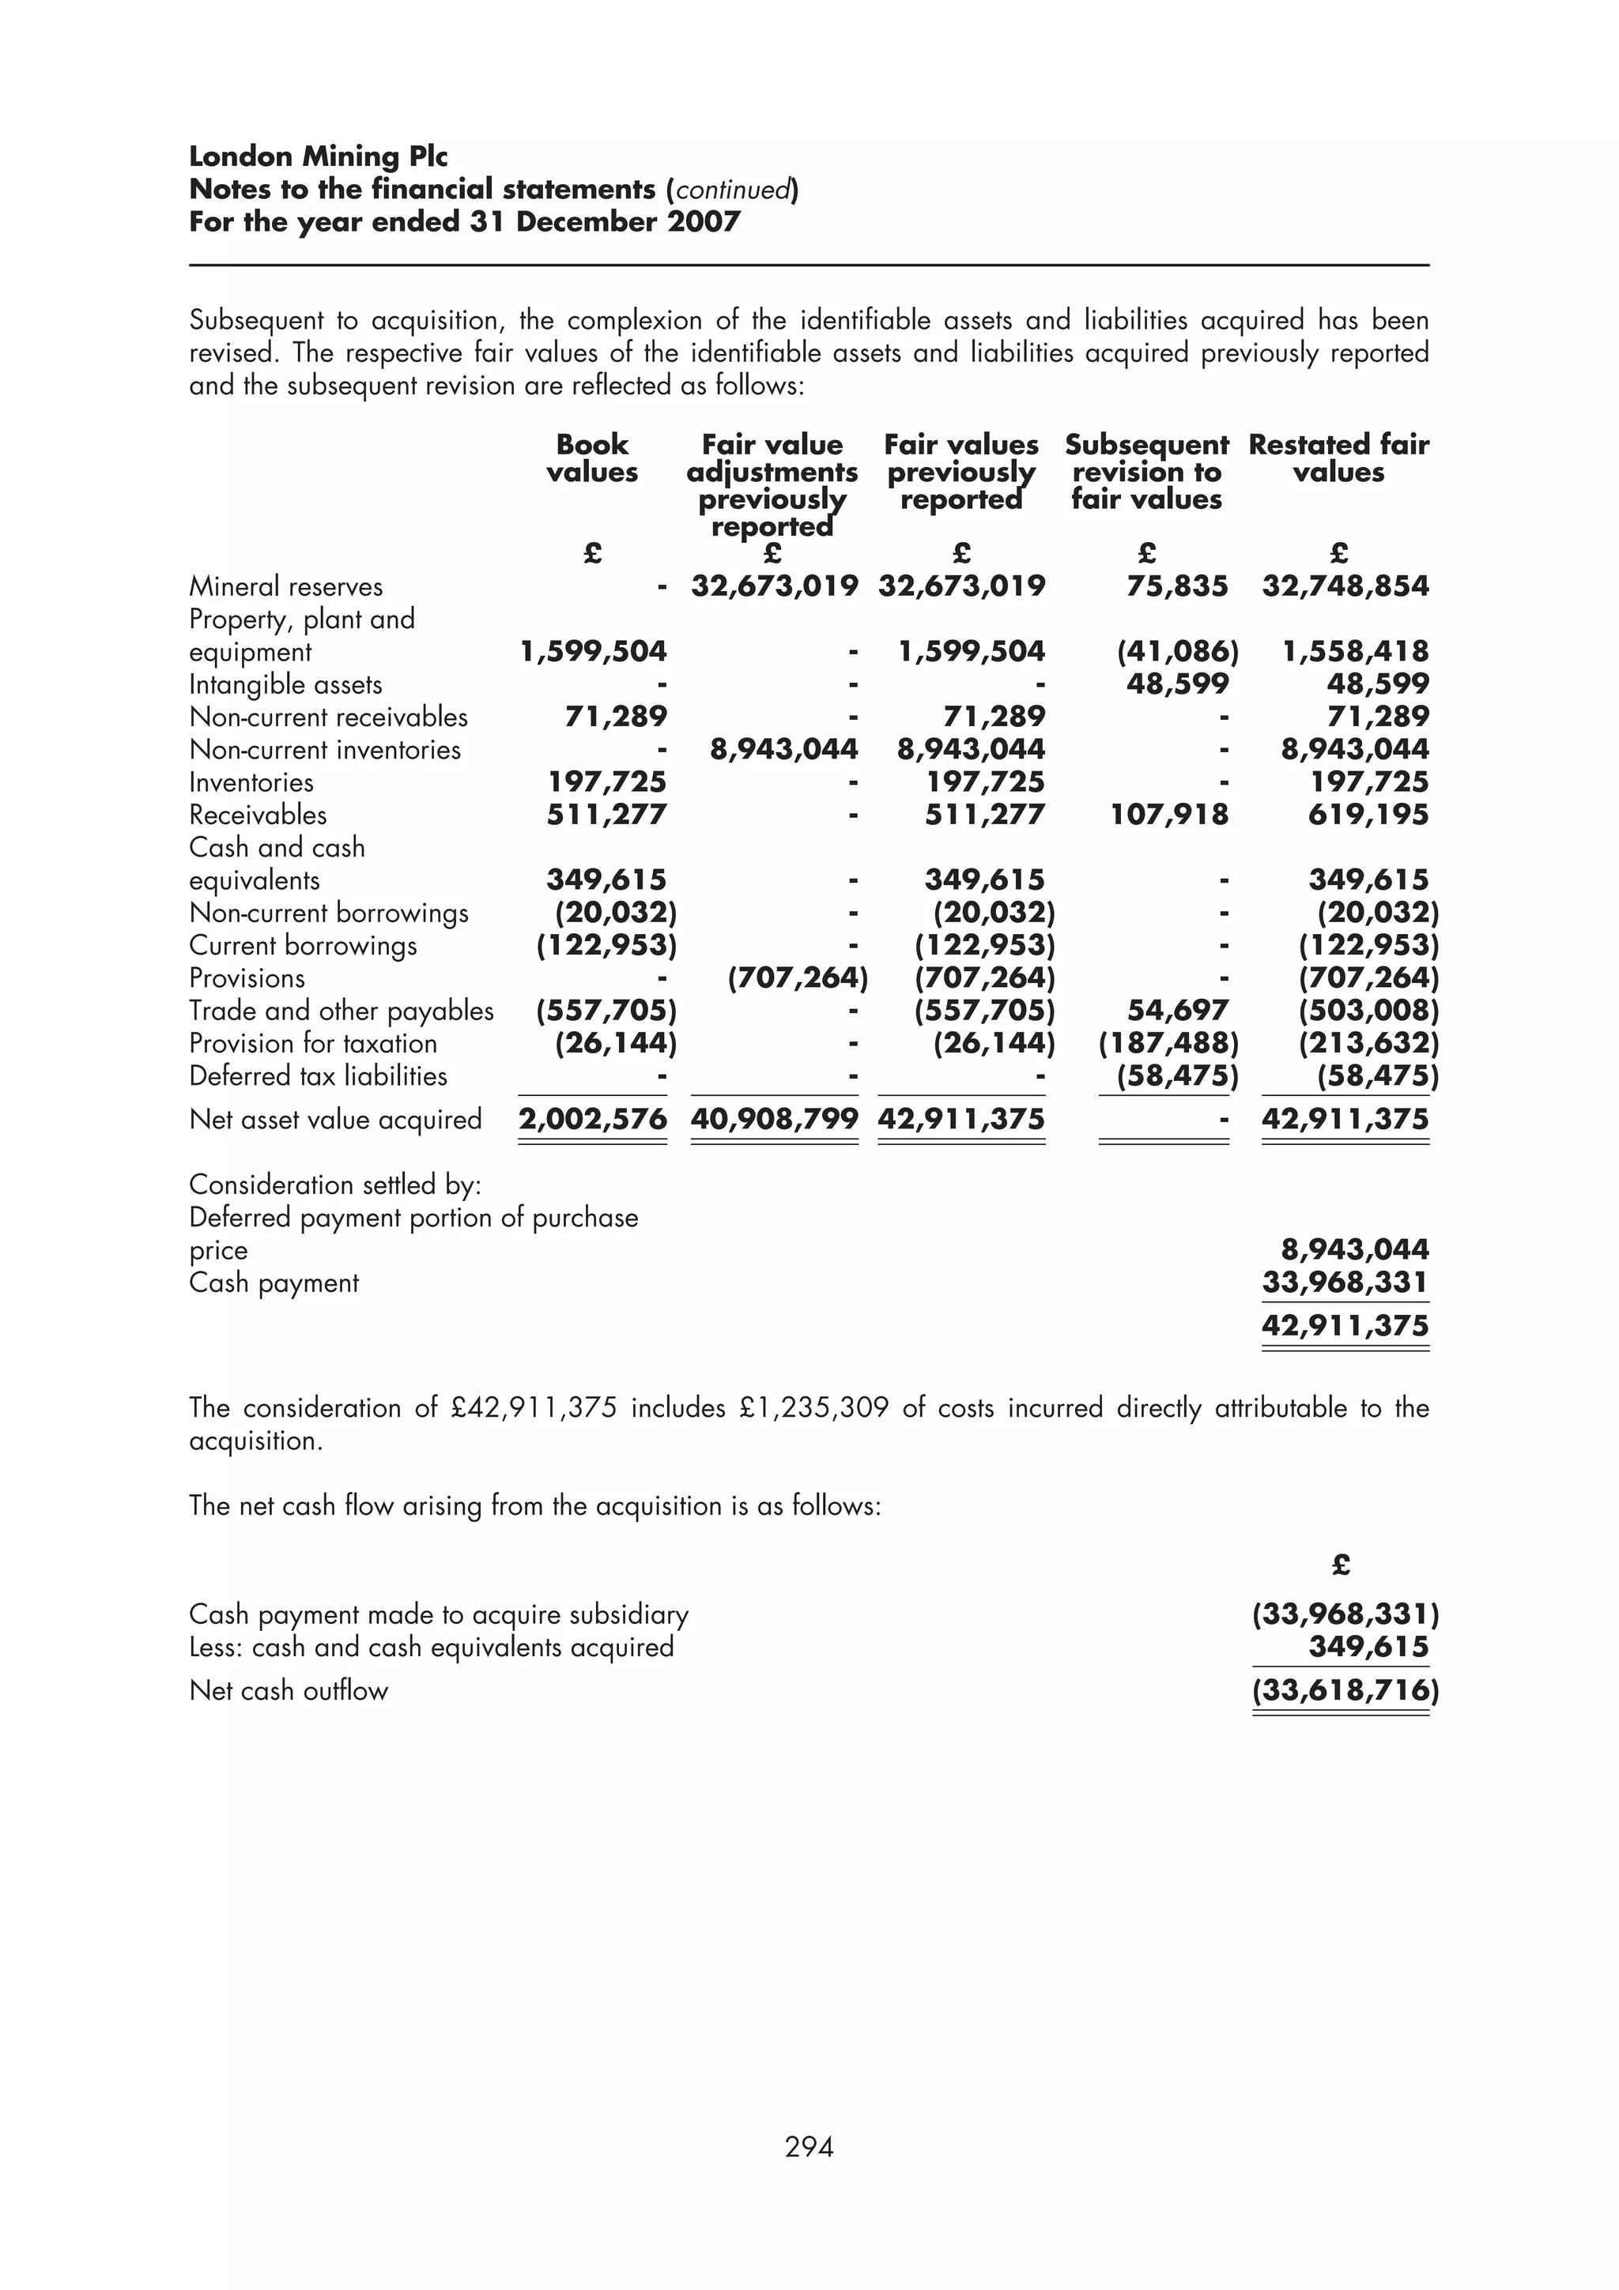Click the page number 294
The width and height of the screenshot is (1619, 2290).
(809, 2146)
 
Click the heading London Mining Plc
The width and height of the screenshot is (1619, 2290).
(319, 156)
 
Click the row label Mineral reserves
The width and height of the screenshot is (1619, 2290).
(286, 586)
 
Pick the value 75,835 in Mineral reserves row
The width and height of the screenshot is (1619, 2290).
(1177, 586)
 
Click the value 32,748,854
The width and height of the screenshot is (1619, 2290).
(1345, 586)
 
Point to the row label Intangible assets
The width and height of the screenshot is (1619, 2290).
(285, 684)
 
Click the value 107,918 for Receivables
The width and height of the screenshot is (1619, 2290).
(1169, 815)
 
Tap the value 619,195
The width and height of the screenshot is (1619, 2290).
(1368, 815)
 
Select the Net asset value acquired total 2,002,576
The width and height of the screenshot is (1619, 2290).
(593, 1119)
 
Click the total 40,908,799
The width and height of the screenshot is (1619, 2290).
(774, 1119)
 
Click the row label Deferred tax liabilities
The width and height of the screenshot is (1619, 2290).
(319, 1076)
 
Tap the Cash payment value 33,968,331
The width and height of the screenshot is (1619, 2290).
(1345, 1282)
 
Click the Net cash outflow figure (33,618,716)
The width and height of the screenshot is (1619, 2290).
(1345, 1689)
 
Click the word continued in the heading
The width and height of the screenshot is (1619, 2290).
(733, 190)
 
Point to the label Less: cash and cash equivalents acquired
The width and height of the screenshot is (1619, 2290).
(431, 1647)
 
